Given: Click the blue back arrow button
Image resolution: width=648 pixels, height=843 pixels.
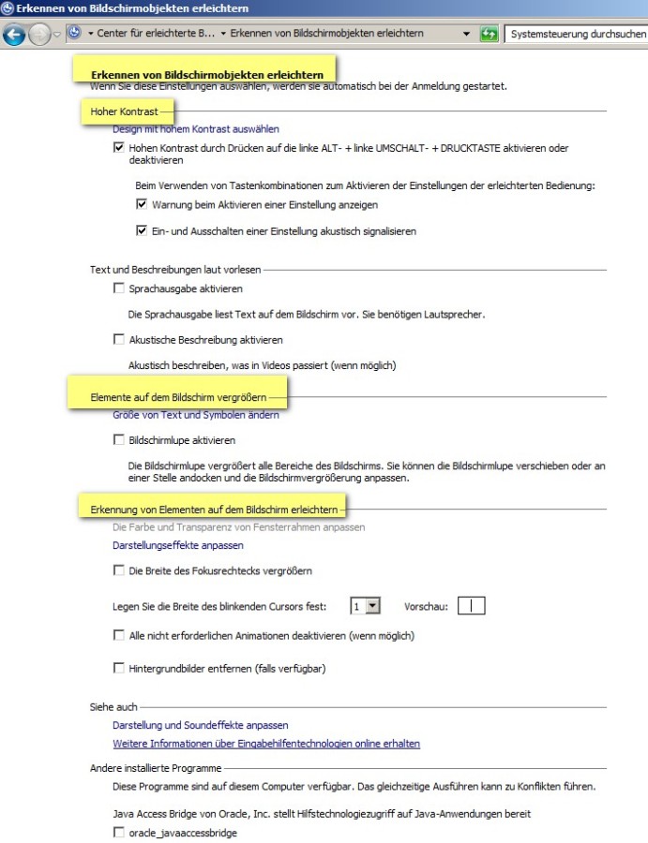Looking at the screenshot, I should [14, 35].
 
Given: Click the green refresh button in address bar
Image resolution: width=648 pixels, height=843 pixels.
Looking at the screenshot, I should [489, 35].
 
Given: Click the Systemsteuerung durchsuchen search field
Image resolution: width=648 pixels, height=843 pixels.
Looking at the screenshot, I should [576, 35].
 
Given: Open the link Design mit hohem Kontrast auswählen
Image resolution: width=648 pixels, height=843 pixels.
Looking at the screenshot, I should [196, 129].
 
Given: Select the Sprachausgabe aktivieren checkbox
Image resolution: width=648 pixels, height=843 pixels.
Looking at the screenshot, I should [119, 288].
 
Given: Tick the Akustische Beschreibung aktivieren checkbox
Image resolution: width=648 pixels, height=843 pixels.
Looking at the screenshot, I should [119, 339].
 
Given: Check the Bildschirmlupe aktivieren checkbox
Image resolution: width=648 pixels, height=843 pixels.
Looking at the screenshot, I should [119, 439].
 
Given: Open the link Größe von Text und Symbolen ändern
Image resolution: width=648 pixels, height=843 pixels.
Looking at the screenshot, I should [196, 415].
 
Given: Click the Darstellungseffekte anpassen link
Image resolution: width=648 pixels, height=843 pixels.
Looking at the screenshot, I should [178, 545].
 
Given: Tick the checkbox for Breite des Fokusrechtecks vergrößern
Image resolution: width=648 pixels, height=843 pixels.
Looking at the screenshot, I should [119, 570].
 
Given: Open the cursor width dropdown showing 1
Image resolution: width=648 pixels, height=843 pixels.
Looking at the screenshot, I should [372, 606].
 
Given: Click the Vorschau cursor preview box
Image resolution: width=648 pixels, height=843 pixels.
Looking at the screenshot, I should [472, 606].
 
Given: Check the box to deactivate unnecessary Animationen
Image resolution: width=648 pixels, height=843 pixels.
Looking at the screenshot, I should [119, 635].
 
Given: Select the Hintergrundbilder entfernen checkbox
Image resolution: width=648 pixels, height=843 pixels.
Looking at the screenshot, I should [119, 668].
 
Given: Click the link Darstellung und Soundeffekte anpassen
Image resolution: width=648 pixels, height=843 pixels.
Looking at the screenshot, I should [201, 725].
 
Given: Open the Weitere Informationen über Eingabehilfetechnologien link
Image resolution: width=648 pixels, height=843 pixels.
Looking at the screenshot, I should [266, 744].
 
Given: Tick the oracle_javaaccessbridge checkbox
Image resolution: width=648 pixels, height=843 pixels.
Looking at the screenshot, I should [119, 833].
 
